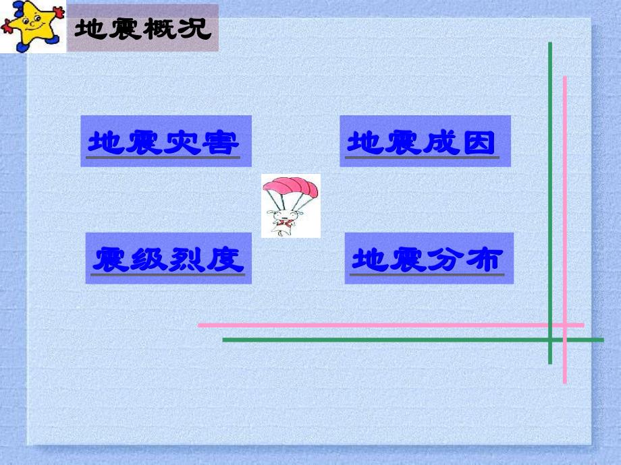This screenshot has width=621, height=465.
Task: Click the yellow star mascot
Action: point(32,26)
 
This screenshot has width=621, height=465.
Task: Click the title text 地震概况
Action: point(142,29)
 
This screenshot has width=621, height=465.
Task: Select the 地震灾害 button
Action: point(165,142)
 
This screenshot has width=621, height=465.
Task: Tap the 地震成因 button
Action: point(425,142)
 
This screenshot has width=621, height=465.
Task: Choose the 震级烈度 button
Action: point(168,258)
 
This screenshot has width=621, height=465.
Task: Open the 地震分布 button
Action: point(429,258)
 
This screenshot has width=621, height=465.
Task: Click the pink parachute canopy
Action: point(290,185)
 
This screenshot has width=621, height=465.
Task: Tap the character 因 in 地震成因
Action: point(480,143)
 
